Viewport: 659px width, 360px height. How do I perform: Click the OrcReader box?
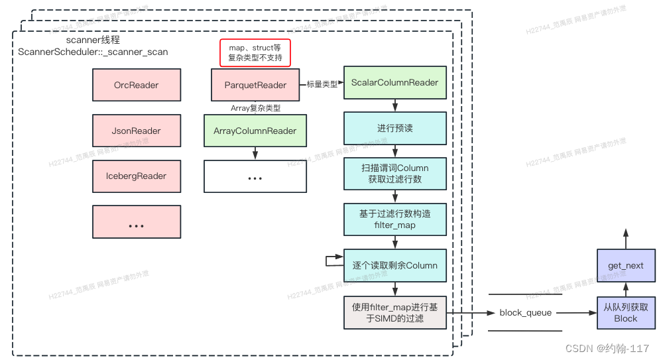click(x=137, y=85)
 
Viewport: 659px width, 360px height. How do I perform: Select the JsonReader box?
click(x=137, y=131)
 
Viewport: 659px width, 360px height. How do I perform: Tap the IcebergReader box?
click(x=137, y=176)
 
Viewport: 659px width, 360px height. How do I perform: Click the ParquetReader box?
click(x=255, y=85)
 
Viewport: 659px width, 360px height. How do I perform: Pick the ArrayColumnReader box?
click(x=255, y=131)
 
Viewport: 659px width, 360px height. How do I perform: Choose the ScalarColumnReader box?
click(x=394, y=83)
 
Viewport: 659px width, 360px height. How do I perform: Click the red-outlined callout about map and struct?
click(x=255, y=53)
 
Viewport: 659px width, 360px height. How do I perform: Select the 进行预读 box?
click(x=394, y=128)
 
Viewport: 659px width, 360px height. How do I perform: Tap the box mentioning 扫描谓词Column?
click(x=394, y=174)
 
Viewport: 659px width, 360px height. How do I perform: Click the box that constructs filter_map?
click(x=394, y=219)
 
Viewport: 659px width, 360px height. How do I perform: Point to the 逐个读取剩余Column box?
click(x=394, y=265)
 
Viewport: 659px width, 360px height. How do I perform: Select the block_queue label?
click(x=525, y=313)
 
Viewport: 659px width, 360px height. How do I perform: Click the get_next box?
click(x=625, y=265)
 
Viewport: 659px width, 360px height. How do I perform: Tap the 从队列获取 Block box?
click(x=625, y=313)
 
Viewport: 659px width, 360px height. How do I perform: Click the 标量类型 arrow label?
click(x=322, y=84)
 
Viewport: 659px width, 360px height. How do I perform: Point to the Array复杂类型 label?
click(x=255, y=107)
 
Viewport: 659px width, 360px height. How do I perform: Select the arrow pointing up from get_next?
click(x=625, y=237)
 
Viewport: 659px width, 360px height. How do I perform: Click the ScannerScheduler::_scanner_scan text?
click(x=93, y=52)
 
